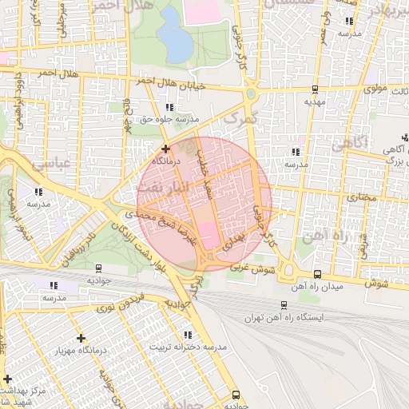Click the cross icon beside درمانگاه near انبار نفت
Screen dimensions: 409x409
[x=165, y=149]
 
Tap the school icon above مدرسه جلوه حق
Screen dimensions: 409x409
[x=168, y=107]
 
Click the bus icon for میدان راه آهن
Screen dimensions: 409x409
[x=318, y=274]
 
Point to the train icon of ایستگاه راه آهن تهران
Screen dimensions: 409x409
[x=284, y=304]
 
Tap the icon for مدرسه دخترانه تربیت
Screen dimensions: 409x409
[x=188, y=335]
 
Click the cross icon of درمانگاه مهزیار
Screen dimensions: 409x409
[x=81, y=338]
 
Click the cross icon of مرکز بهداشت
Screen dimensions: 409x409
[x=8, y=378]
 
